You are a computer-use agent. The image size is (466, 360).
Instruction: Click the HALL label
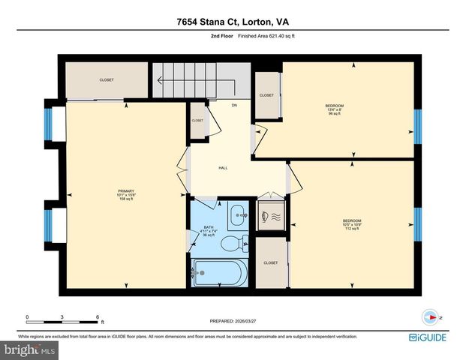pyautogui.click(x=223, y=168)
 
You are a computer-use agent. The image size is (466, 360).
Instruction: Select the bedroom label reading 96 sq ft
pyautogui.click(x=334, y=109)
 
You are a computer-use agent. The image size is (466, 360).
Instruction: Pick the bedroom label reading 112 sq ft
pyautogui.click(x=352, y=223)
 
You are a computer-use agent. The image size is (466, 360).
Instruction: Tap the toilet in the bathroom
pyautogui.click(x=236, y=241)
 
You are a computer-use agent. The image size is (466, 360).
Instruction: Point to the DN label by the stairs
pyautogui.click(x=234, y=105)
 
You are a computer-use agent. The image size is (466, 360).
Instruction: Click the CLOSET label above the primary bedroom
pyautogui.click(x=107, y=79)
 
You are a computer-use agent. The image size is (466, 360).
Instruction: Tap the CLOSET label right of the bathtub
pyautogui.click(x=270, y=263)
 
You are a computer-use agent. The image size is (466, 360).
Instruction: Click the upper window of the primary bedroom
pyautogui.click(x=48, y=124)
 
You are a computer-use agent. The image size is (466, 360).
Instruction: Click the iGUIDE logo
pyautogui.click(x=430, y=337)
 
